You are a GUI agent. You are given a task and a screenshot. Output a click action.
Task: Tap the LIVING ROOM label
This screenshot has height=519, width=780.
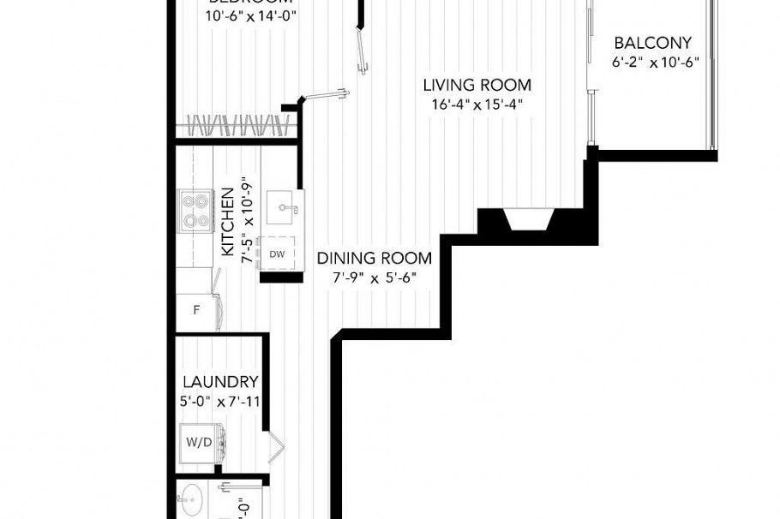(x=477, y=86)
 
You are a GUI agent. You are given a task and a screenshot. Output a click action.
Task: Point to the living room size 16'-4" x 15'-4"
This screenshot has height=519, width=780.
(x=477, y=104)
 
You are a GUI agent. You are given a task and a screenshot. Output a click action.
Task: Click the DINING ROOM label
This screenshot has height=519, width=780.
(x=374, y=259)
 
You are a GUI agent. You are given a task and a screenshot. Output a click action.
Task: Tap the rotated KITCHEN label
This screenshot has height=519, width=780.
(x=229, y=222)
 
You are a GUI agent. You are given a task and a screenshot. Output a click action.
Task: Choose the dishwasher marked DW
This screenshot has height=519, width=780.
(x=277, y=254)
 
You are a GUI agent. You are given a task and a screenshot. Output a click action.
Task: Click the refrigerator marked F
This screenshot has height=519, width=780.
(x=197, y=309)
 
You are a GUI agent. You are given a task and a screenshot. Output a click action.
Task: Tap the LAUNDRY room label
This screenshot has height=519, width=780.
(x=220, y=382)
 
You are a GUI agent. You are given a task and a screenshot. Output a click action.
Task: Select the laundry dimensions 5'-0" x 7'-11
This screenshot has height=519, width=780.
(x=220, y=400)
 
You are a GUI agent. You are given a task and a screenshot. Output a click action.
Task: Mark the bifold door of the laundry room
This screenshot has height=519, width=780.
(x=276, y=444)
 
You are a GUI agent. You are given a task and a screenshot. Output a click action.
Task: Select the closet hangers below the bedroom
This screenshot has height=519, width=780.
(x=237, y=125)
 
